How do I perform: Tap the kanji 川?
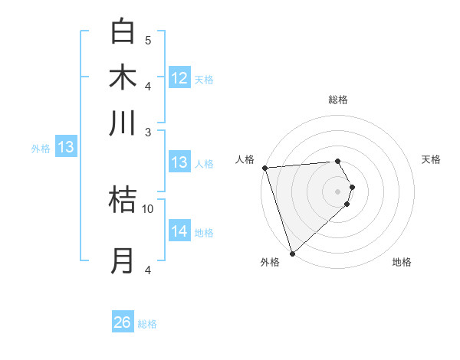(x=123, y=123)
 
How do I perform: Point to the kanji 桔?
(x=123, y=199)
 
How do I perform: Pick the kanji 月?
(x=123, y=260)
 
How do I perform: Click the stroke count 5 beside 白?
(x=148, y=41)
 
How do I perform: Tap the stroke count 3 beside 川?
(x=148, y=133)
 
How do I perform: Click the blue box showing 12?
(x=179, y=78)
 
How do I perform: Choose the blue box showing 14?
(x=179, y=231)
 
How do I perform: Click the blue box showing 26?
(x=123, y=322)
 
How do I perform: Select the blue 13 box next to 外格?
(x=66, y=147)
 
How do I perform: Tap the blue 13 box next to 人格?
(x=179, y=162)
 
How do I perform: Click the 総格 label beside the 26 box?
(x=147, y=324)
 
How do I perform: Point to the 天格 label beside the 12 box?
(x=204, y=80)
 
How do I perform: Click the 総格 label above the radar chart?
(x=338, y=100)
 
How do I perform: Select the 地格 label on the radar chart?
(x=402, y=263)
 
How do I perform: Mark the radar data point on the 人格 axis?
(x=264, y=168)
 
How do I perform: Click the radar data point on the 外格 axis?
(x=292, y=253)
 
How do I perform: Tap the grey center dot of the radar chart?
(x=338, y=191)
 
